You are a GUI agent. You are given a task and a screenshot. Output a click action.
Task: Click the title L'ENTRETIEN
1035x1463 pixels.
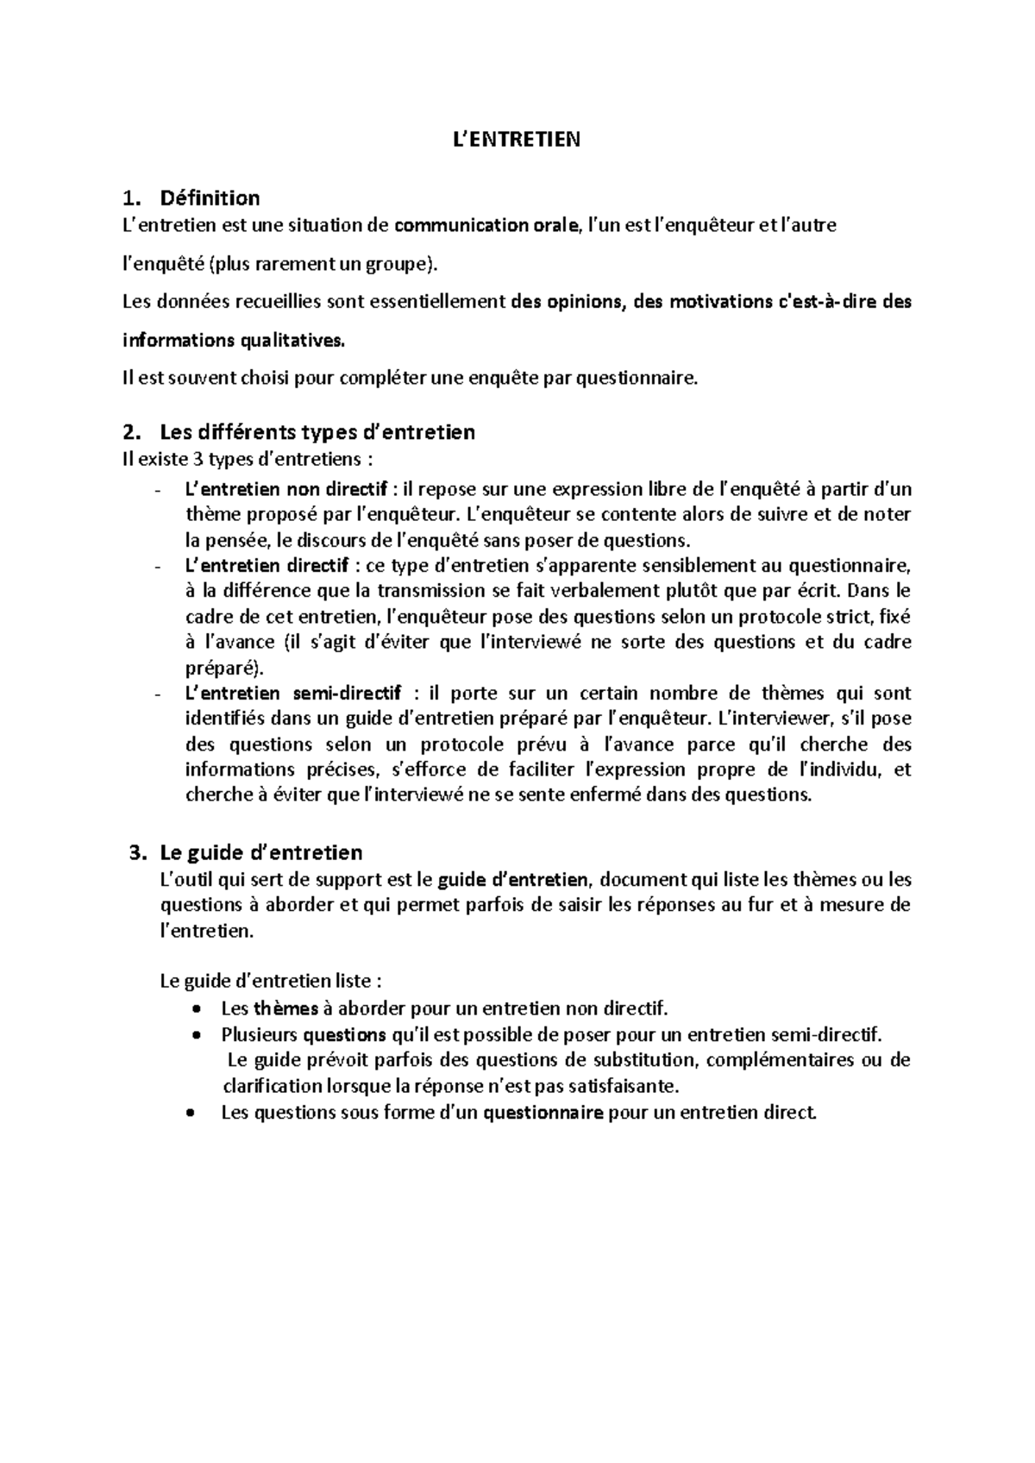pos(517,139)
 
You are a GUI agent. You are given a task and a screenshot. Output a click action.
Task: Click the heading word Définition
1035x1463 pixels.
pos(210,198)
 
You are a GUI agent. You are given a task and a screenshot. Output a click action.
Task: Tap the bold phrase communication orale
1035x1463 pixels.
pos(486,226)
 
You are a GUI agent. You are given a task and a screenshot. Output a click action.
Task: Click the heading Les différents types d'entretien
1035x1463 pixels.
pos(317,431)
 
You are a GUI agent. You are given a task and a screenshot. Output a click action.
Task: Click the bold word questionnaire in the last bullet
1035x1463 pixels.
pos(543,1113)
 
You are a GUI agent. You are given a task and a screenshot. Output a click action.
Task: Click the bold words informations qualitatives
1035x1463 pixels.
pos(232,341)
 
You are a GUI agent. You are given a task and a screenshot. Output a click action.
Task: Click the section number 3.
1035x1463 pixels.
pos(134,853)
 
